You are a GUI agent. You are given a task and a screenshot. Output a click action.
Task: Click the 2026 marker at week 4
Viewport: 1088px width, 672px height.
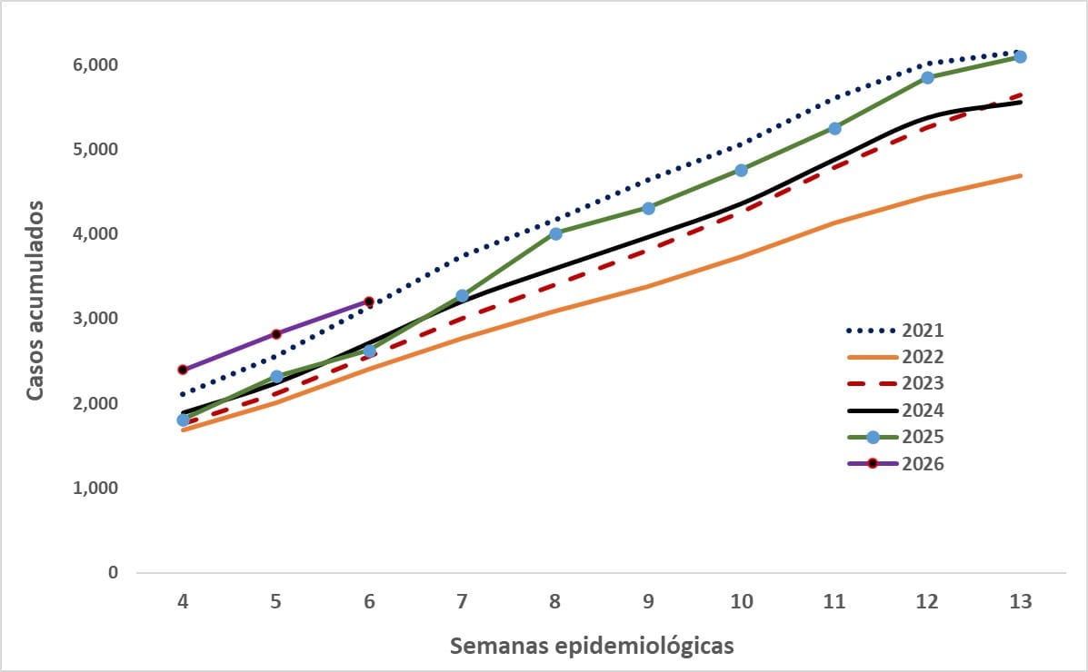183,370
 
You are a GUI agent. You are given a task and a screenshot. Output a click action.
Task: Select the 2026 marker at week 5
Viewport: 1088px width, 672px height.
276,334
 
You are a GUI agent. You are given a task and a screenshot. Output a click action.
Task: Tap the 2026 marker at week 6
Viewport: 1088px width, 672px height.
369,301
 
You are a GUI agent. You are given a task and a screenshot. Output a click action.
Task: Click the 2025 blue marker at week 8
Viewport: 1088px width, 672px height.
555,233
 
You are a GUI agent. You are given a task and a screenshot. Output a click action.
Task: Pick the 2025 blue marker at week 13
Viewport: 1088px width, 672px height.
1020,56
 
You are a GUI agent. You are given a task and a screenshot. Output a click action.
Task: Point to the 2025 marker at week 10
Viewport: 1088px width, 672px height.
741,170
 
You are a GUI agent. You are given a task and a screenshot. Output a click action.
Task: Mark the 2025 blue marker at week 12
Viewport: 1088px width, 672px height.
927,77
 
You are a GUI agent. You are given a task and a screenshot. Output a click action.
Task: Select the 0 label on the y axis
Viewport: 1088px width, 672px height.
114,573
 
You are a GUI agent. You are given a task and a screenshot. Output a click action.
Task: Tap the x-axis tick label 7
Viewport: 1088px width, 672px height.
462,601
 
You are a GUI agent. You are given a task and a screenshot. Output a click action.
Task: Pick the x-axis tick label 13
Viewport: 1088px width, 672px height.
1020,601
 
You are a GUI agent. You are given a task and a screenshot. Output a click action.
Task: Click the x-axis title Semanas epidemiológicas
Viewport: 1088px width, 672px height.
592,647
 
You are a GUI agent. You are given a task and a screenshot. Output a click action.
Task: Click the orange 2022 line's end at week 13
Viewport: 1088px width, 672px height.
1021,176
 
